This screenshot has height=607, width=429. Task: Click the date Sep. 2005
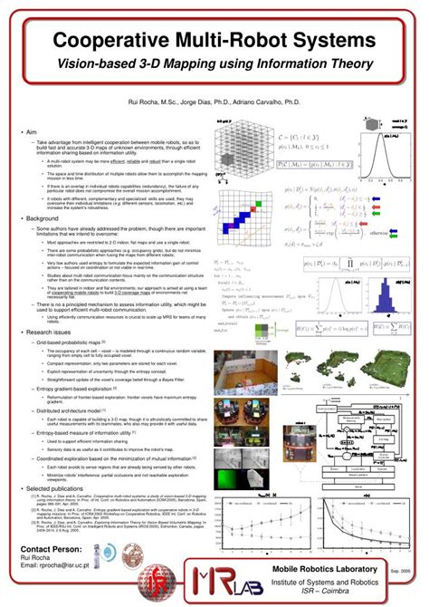coord(400,572)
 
